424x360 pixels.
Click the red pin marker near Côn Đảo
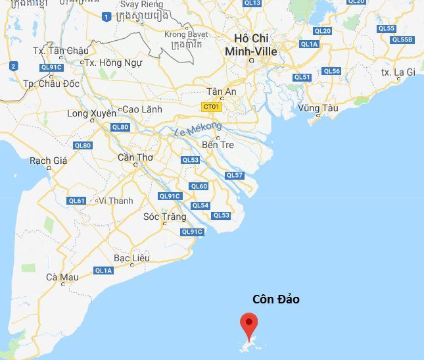248,323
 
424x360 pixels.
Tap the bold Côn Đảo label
276,299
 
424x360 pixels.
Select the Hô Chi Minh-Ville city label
250,45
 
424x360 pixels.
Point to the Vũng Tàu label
318,108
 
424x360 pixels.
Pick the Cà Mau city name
62,277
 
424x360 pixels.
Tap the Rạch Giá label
48,161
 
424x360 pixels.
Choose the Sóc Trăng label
160,217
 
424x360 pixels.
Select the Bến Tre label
218,144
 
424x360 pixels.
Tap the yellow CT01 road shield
212,106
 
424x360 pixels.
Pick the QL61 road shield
77,201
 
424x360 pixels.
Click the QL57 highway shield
235,175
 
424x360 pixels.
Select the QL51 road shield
302,77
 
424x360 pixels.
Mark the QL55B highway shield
402,39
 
